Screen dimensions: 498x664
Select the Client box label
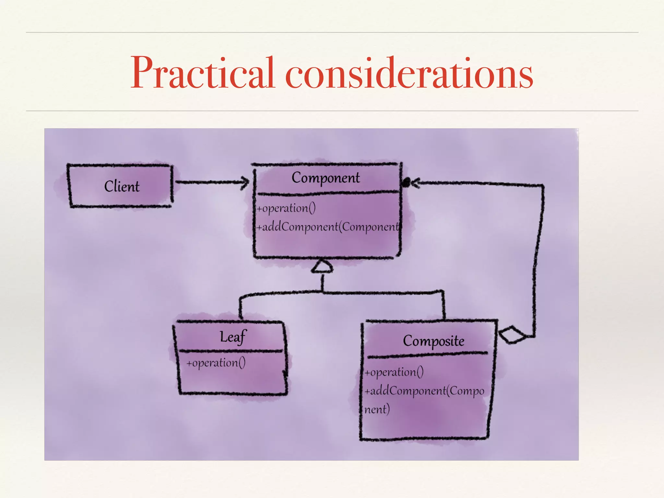click(122, 186)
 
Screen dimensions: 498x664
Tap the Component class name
click(326, 178)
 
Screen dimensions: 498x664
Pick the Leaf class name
click(233, 337)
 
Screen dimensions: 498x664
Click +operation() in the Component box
click(286, 208)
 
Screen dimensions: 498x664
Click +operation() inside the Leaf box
click(216, 363)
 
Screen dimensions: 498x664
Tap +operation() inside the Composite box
click(394, 372)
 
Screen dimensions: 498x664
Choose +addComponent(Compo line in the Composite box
click(424, 391)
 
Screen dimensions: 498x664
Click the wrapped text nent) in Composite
click(377, 409)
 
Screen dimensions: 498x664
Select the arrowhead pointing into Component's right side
click(415, 183)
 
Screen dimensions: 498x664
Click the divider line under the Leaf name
click(231, 351)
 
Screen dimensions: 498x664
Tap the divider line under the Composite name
click(427, 355)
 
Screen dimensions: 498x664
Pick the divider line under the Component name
click(327, 194)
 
